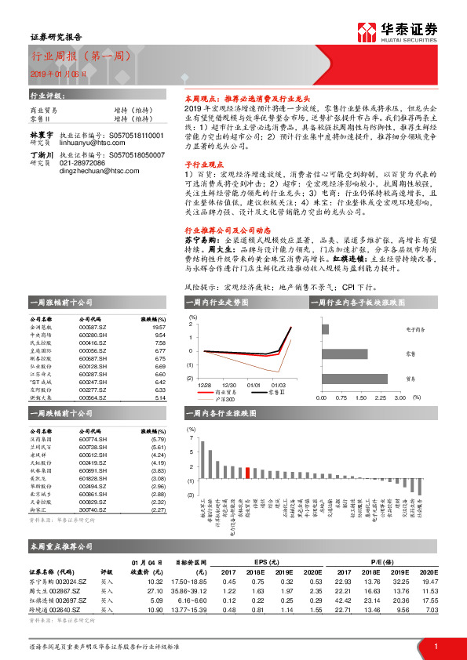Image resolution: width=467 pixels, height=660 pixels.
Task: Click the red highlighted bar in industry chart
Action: tap(248, 473)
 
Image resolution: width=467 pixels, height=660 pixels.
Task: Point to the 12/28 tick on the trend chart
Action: tap(205, 385)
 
